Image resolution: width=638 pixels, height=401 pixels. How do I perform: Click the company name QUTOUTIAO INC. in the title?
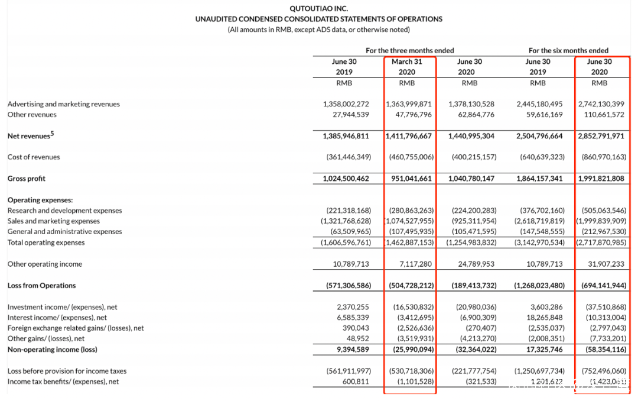coord(318,8)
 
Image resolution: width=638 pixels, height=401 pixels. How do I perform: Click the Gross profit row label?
coord(27,179)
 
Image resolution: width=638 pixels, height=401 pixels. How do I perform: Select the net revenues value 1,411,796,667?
coord(409,136)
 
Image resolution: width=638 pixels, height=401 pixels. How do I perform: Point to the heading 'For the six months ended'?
coord(568,51)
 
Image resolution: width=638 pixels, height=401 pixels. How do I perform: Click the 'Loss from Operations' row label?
coord(42,286)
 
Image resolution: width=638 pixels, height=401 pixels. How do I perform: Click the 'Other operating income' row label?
coord(45,264)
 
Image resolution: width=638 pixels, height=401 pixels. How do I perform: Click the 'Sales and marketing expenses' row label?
coord(54,221)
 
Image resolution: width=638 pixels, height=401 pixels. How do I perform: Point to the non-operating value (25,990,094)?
coord(410,350)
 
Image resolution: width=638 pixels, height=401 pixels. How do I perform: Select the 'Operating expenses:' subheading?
coord(40,200)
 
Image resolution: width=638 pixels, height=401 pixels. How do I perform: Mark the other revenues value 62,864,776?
coord(476,115)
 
